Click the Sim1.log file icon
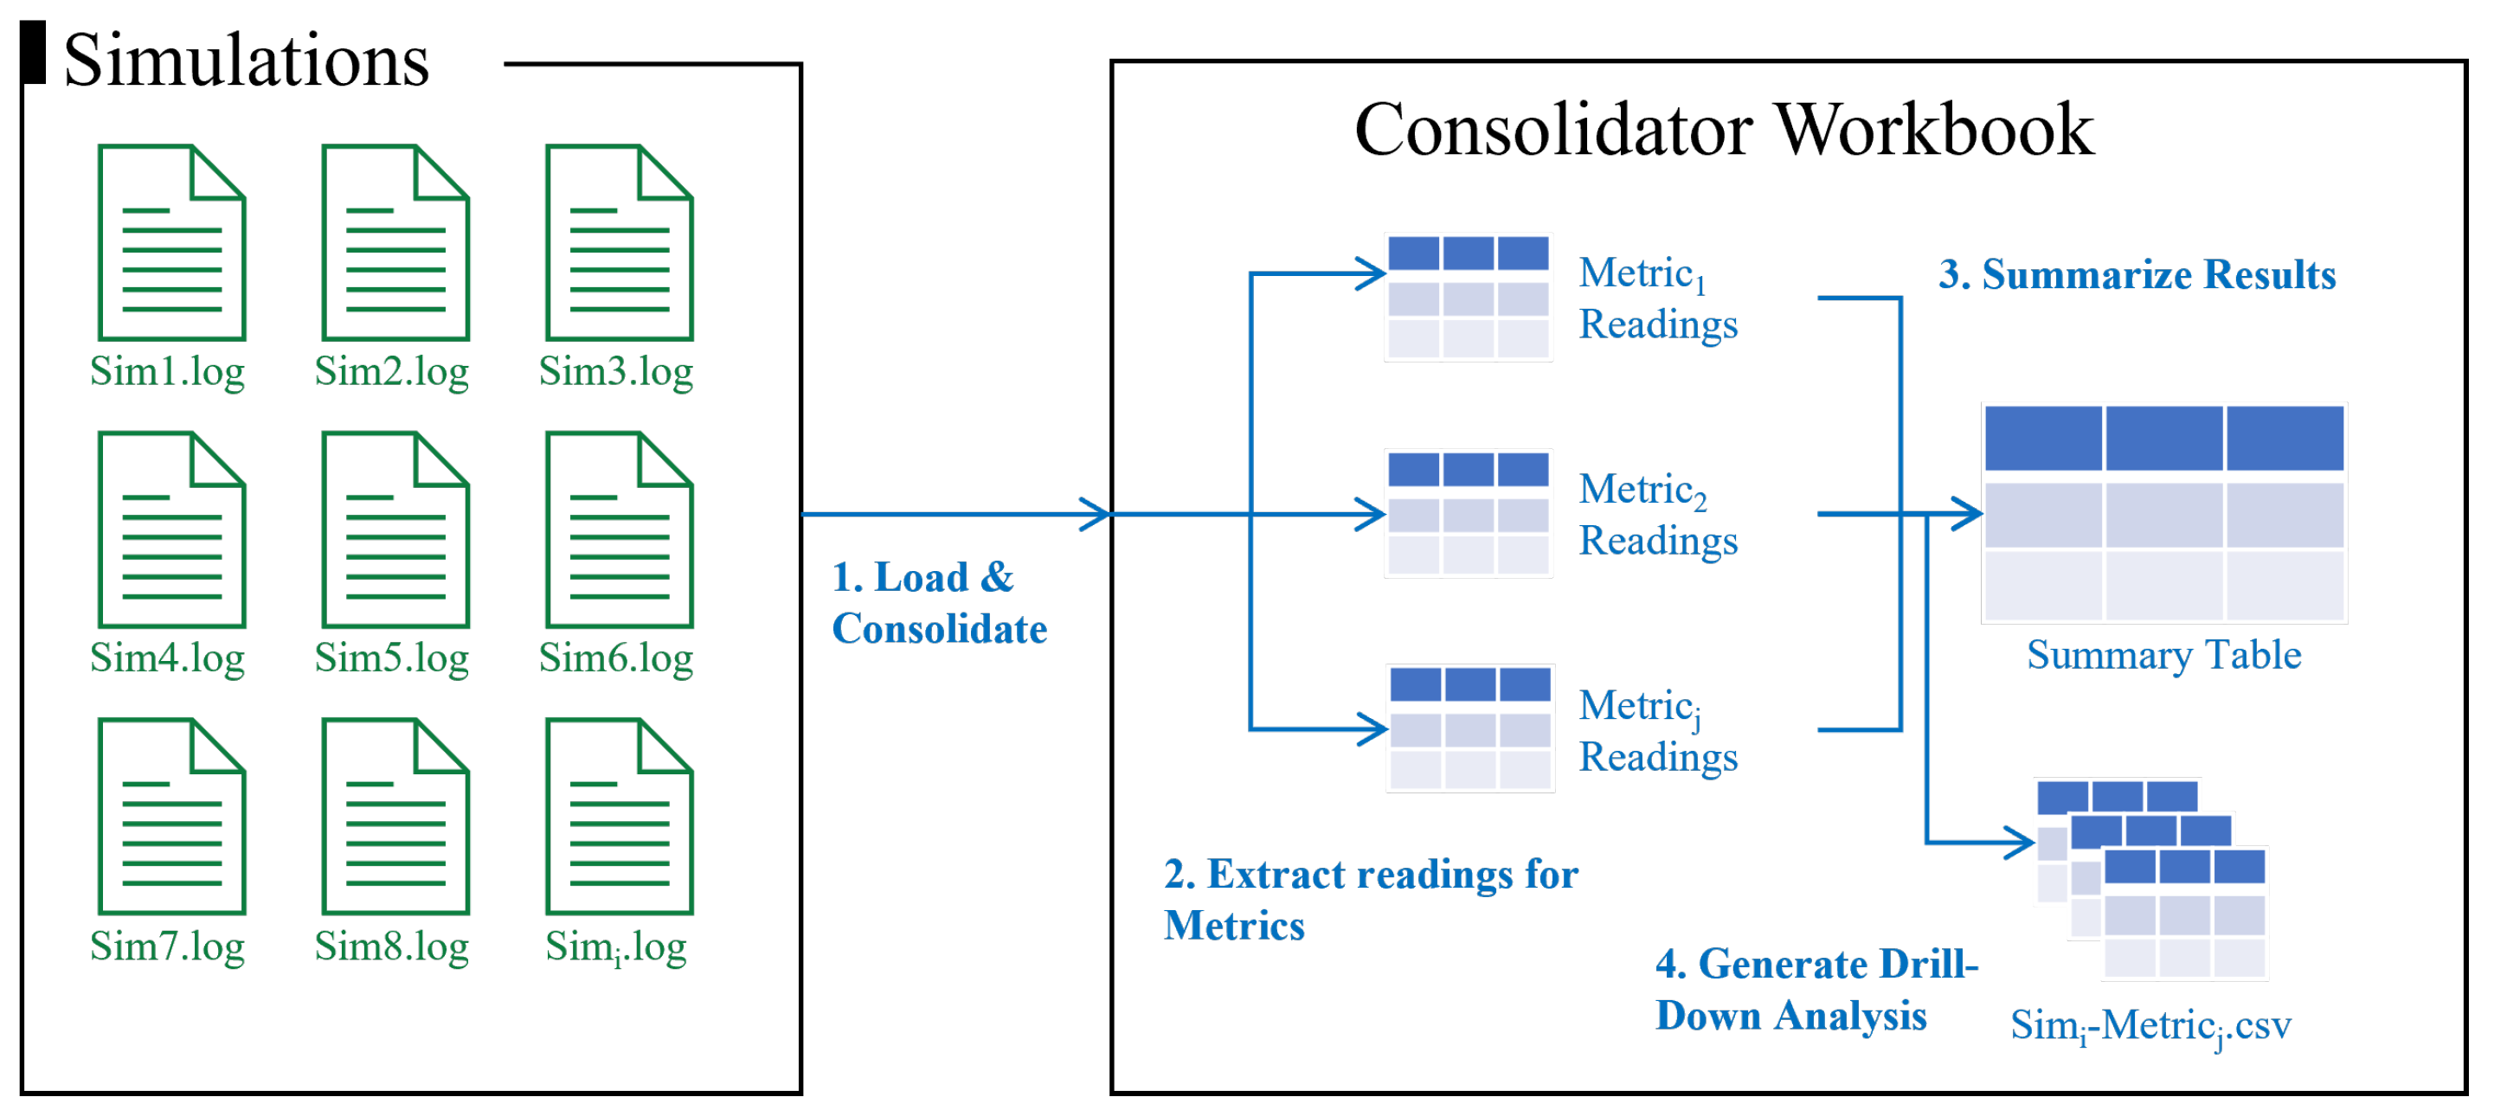(x=172, y=243)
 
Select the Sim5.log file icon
(x=396, y=530)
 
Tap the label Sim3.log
(x=616, y=372)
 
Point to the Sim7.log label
(x=168, y=946)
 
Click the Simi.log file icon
(x=620, y=817)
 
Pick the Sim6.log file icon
(x=620, y=530)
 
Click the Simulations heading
(x=246, y=60)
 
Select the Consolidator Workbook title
(x=1723, y=130)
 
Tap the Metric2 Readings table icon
(x=1469, y=514)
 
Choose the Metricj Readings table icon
(x=1470, y=729)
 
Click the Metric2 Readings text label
(x=1657, y=516)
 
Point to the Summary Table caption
(x=2163, y=656)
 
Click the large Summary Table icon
(x=2163, y=514)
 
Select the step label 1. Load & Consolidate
(x=939, y=604)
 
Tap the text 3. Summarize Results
(x=2137, y=276)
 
